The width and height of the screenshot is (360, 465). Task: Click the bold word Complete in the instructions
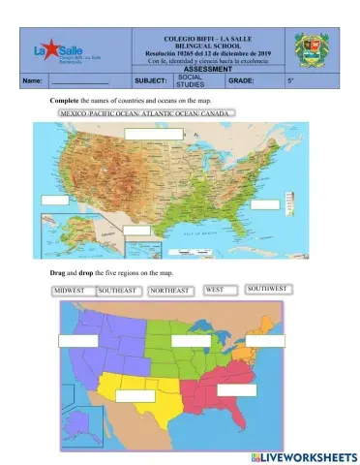click(65, 102)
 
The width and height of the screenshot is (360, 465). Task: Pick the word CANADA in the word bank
click(217, 113)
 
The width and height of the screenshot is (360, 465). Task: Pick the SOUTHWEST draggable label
click(268, 289)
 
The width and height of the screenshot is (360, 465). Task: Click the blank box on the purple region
click(77, 340)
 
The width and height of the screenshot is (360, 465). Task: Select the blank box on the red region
click(236, 390)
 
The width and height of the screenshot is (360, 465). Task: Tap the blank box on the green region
click(190, 341)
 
